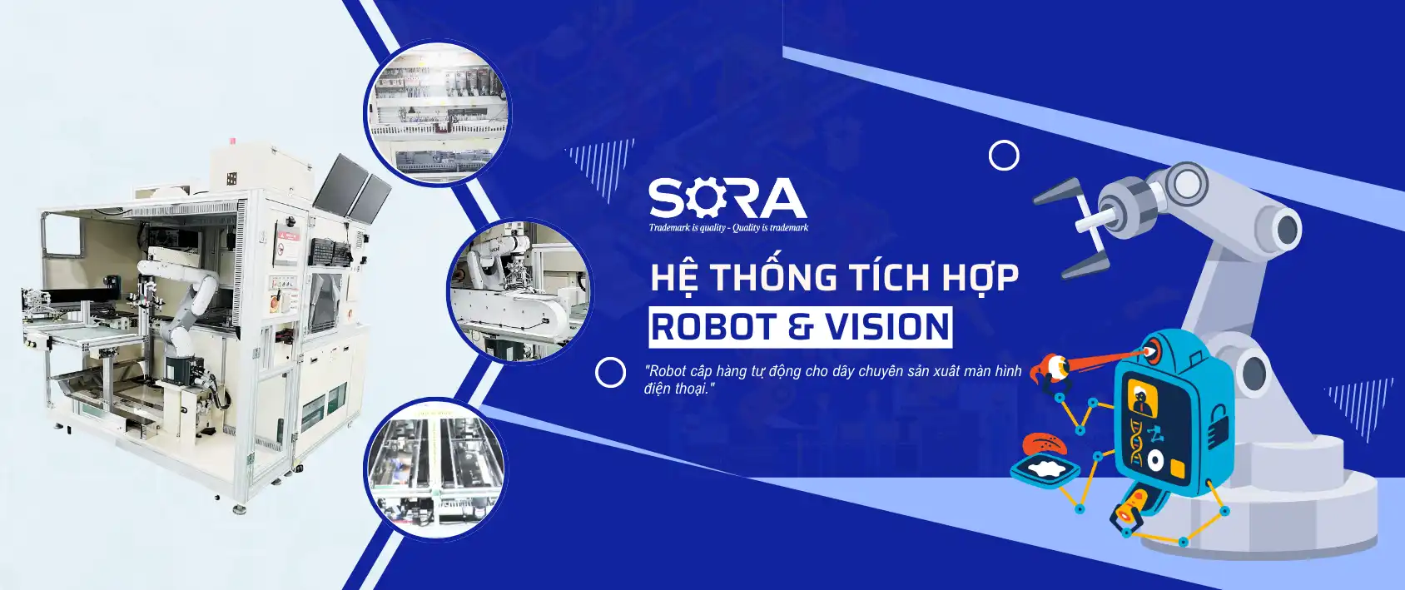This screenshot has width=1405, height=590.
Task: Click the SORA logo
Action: pyautogui.click(x=728, y=205)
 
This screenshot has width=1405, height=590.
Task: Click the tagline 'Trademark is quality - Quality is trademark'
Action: pyautogui.click(x=728, y=228)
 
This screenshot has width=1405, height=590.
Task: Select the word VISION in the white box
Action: pyautogui.click(x=886, y=327)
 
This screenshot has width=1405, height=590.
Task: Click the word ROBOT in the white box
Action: pyautogui.click(x=713, y=327)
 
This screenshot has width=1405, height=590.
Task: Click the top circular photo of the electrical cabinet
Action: pyautogui.click(x=438, y=113)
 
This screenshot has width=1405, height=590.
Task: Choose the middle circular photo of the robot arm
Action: pyautogui.click(x=520, y=291)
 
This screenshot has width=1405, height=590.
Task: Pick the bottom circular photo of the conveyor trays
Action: pyautogui.click(x=437, y=468)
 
